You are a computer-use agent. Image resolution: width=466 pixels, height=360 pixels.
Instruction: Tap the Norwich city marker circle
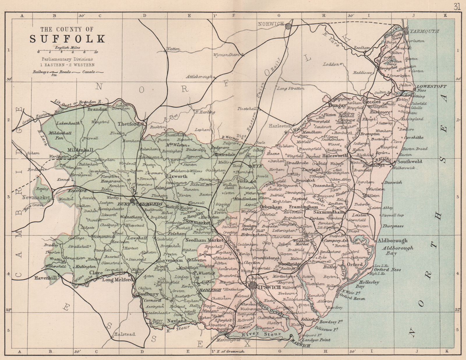pyautogui.click(x=288, y=26)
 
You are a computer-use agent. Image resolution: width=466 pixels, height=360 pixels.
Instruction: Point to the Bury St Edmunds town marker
pyautogui.click(x=133, y=200)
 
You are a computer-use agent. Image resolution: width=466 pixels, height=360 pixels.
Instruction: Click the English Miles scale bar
pyautogui.click(x=67, y=52)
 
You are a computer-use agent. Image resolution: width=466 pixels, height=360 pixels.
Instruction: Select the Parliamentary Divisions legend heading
pyautogui.click(x=67, y=59)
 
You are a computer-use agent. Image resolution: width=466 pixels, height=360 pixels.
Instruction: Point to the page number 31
pyautogui.click(x=457, y=6)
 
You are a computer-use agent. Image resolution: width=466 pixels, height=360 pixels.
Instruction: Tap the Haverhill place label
pyautogui.click(x=45, y=278)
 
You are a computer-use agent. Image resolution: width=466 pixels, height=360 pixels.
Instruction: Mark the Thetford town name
pyautogui.click(x=128, y=124)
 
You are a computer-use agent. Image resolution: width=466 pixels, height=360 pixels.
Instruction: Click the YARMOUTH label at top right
pyautogui.click(x=424, y=31)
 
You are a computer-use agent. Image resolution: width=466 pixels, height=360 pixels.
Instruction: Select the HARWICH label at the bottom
pyautogui.click(x=300, y=345)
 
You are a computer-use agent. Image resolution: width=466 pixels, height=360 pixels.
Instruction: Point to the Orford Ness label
pyautogui.click(x=387, y=270)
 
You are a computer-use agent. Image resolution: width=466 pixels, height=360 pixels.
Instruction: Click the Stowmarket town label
pyautogui.click(x=196, y=223)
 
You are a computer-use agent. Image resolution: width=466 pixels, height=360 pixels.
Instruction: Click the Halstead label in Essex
pyautogui.click(x=125, y=334)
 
